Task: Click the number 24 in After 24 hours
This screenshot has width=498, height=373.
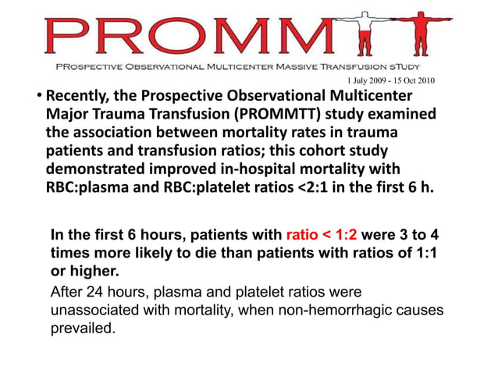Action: pyautogui.click(x=98, y=293)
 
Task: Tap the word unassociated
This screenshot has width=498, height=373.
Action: pyautogui.click(x=102, y=311)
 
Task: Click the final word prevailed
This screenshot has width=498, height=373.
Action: pyautogui.click(x=82, y=329)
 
